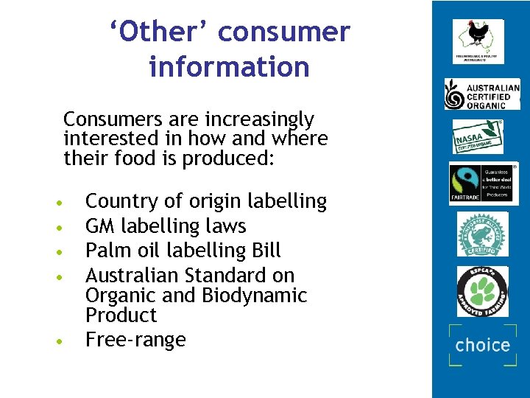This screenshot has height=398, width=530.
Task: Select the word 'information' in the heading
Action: (229, 67)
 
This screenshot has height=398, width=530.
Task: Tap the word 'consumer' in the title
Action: (284, 32)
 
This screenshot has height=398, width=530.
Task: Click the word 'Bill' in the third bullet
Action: (266, 250)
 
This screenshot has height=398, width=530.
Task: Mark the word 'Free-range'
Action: (135, 340)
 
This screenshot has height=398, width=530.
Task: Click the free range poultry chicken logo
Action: (478, 40)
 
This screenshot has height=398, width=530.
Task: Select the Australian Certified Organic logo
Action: (481, 94)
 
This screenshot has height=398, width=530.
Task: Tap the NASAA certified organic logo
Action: (478, 136)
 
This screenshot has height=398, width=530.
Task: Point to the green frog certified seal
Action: (482, 234)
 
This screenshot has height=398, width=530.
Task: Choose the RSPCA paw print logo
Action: (482, 292)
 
